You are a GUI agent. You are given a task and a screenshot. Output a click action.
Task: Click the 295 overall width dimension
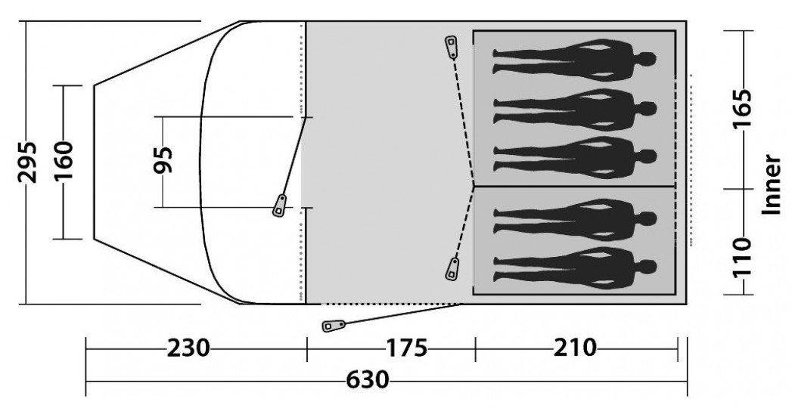pyautogui.click(x=27, y=162)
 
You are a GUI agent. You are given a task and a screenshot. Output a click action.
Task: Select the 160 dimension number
pyautogui.click(x=64, y=161)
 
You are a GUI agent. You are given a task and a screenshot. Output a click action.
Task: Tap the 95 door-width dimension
pyautogui.click(x=163, y=160)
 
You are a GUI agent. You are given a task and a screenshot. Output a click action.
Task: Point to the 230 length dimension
pyautogui.click(x=188, y=348)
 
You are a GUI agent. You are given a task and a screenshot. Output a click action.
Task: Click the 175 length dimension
pyautogui.click(x=407, y=348)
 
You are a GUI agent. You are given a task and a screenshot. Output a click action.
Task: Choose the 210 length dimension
pyautogui.click(x=575, y=348)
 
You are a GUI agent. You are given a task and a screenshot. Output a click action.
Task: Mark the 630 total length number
pyautogui.click(x=368, y=380)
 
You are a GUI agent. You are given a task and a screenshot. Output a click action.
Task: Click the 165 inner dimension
pyautogui.click(x=741, y=109)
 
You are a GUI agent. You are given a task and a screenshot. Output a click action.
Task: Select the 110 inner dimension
pyautogui.click(x=741, y=257)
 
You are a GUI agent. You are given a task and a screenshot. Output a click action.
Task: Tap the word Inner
pyautogui.click(x=771, y=184)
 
